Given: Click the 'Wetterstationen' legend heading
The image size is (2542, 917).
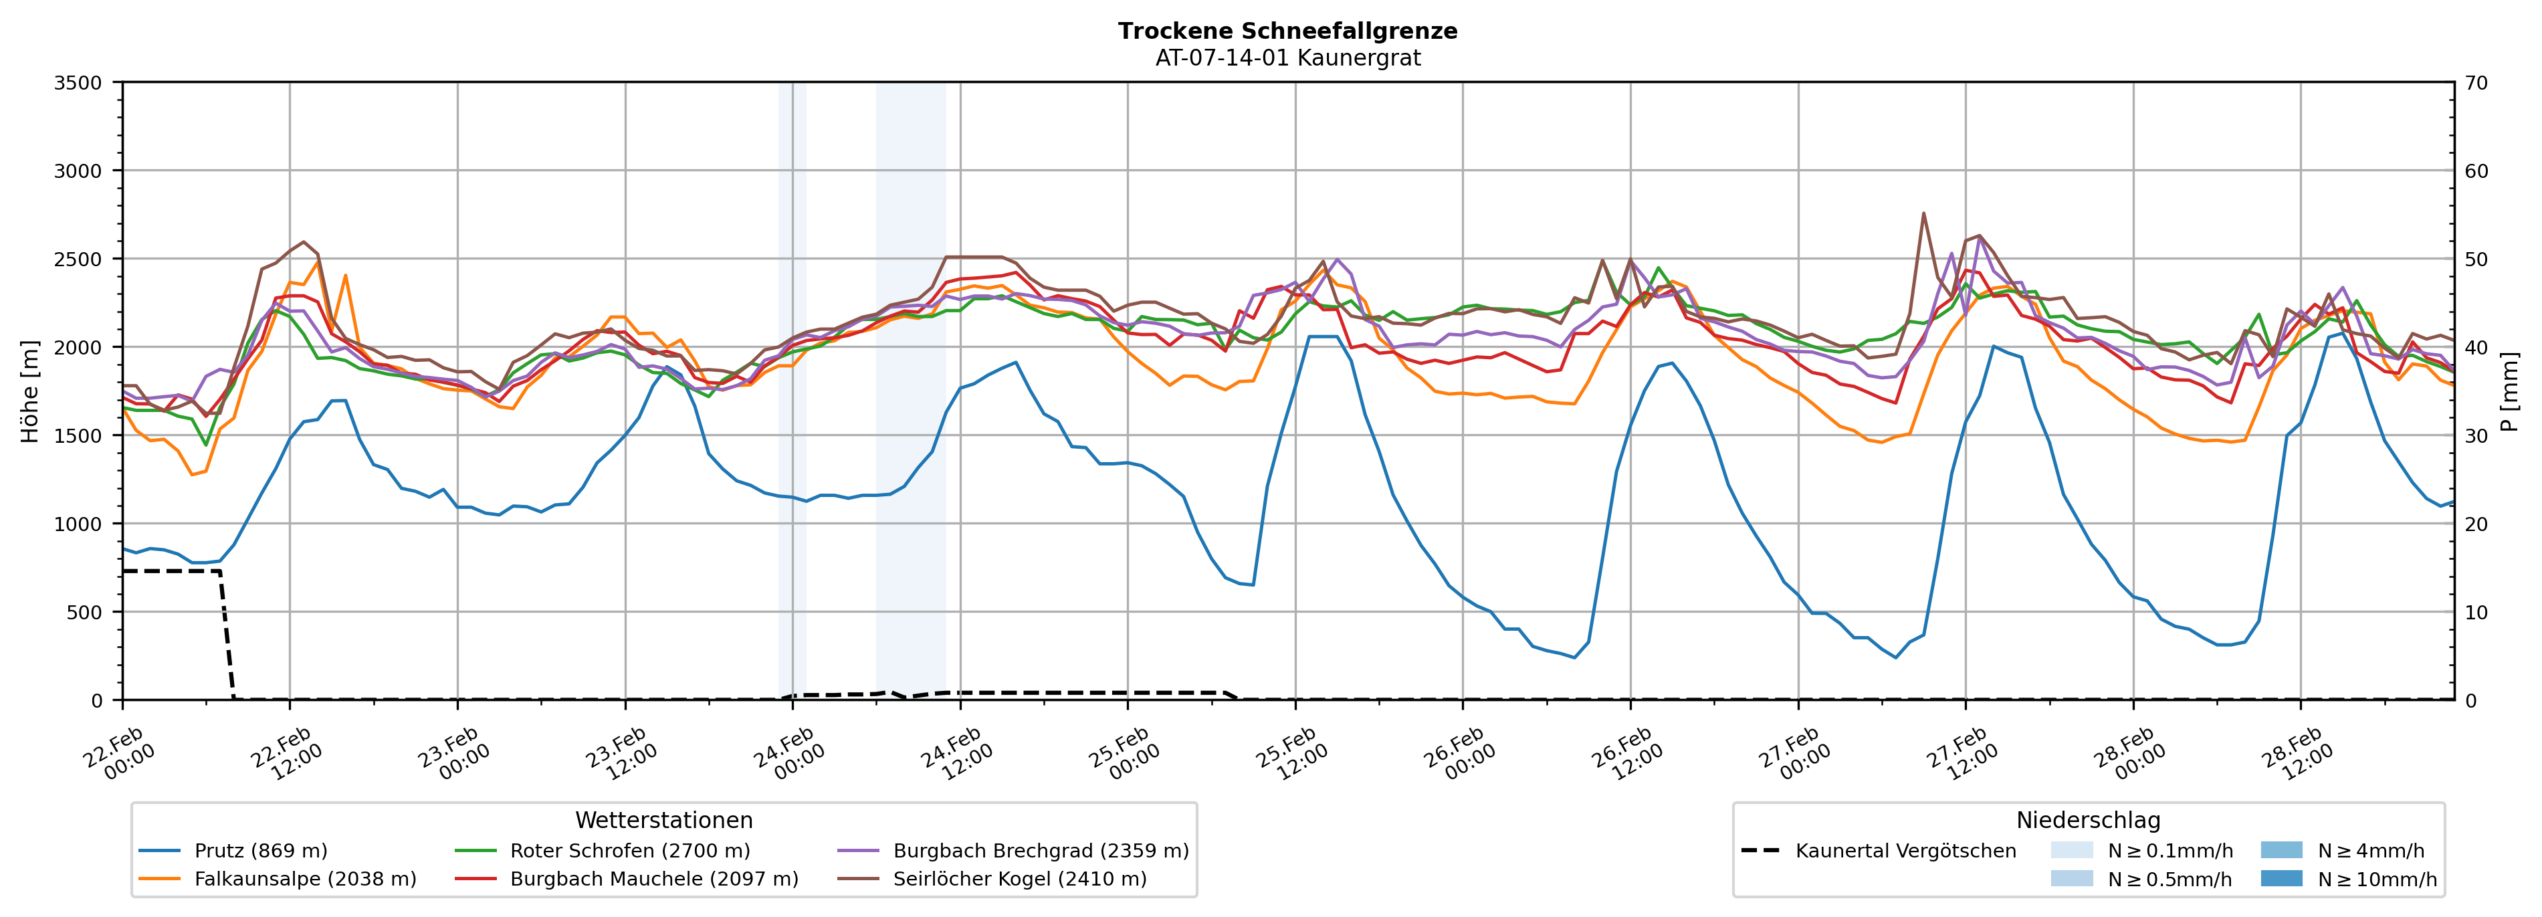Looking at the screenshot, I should coord(663,820).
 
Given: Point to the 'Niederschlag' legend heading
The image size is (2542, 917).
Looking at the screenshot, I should coord(2088,820).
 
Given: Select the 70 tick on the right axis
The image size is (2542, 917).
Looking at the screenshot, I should coord(2476,83).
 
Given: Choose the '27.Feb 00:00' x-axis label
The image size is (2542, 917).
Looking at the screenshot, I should coord(1794,755).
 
